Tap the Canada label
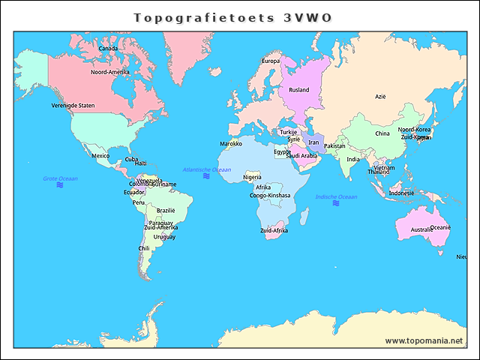[x=109, y=49]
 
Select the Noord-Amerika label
[x=110, y=72]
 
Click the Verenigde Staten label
[x=73, y=106]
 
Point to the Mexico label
[x=100, y=156]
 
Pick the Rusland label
[x=299, y=90]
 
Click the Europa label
[x=271, y=61]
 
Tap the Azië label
[x=380, y=96]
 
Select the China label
[x=382, y=133]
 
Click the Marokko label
[x=231, y=143]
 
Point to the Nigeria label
[x=252, y=177]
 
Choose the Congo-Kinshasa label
[x=269, y=195]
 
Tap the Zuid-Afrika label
[x=274, y=230]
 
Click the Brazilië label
[x=166, y=211]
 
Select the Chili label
[x=144, y=248]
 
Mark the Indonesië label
[x=401, y=193]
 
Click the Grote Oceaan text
[x=60, y=178]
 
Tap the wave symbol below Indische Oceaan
[x=336, y=203]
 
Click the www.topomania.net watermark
[x=424, y=340]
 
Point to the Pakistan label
[x=334, y=145]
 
